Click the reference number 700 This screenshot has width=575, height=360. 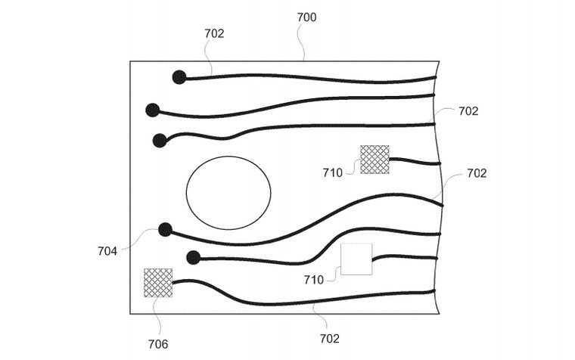pos(306,17)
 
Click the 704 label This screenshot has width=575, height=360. pos(107,251)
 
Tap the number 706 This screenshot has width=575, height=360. pos(158,344)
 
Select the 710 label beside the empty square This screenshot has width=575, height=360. pos(313,280)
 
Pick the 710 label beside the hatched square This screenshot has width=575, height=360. pos(333,172)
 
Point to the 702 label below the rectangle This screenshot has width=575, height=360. pos(330,338)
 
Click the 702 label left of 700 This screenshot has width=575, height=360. pos(214,33)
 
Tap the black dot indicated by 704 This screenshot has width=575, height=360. pos(165,229)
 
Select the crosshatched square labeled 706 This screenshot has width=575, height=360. pos(158,283)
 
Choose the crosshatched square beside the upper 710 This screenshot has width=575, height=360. pos(375,160)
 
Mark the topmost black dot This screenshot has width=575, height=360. pos(179,77)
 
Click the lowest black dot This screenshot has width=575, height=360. pos(193,258)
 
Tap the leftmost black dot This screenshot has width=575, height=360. pos(153,110)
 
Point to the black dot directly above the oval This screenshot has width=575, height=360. pos(160,141)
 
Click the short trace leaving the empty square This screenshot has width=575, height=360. pos(403,256)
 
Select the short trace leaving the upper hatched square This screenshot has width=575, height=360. pos(415,161)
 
